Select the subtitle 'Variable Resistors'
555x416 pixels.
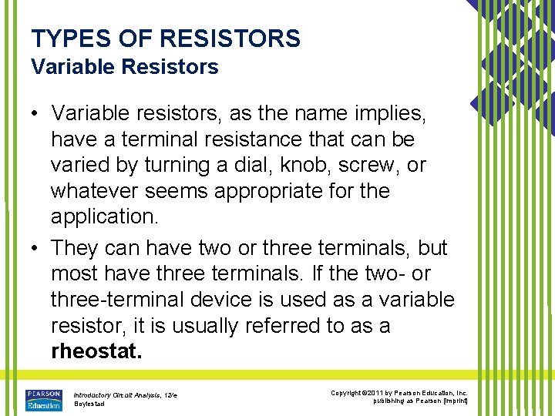(x=125, y=67)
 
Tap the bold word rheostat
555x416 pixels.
(x=96, y=352)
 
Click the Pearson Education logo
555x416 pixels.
(x=43, y=400)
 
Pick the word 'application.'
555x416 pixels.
(x=105, y=216)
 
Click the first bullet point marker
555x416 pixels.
(x=36, y=114)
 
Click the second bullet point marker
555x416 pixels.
(x=36, y=248)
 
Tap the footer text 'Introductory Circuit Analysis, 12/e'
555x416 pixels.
(x=125, y=395)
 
